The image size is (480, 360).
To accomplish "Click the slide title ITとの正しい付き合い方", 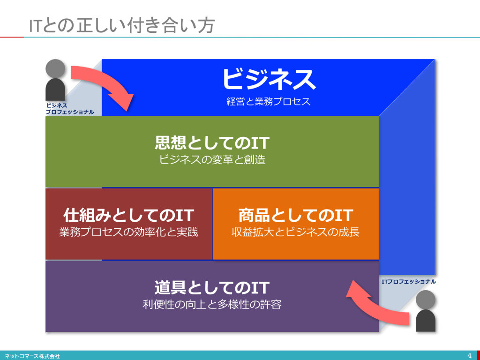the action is pyautogui.click(x=121, y=25).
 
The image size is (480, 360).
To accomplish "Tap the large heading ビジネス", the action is pyautogui.click(x=269, y=79).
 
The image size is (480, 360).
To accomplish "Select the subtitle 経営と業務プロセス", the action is pyautogui.click(x=269, y=101).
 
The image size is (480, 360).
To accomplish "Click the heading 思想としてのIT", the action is pyautogui.click(x=212, y=142).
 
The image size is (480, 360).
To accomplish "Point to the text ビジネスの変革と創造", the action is pyautogui.click(x=212, y=159).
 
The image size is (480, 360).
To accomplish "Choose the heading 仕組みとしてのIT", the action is pyautogui.click(x=128, y=215).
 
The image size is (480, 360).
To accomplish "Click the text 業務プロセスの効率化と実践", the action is pyautogui.click(x=128, y=232).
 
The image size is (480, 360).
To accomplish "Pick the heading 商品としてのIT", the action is pyautogui.click(x=296, y=215).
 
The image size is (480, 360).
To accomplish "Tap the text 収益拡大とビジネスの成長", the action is pyautogui.click(x=296, y=232).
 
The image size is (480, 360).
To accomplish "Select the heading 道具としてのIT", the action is pyautogui.click(x=212, y=288).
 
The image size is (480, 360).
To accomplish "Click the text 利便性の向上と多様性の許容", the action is pyautogui.click(x=212, y=305).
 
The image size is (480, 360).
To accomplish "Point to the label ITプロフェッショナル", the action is pyautogui.click(x=409, y=282).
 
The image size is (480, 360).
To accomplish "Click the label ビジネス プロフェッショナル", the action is pyautogui.click(x=70, y=109).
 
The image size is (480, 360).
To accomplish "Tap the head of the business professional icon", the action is pyautogui.click(x=55, y=68).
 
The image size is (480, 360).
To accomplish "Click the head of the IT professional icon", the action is pyautogui.click(x=426, y=300).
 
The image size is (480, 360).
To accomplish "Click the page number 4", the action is pyautogui.click(x=470, y=356).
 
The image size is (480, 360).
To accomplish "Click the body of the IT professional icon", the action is pyautogui.click(x=426, y=321).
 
